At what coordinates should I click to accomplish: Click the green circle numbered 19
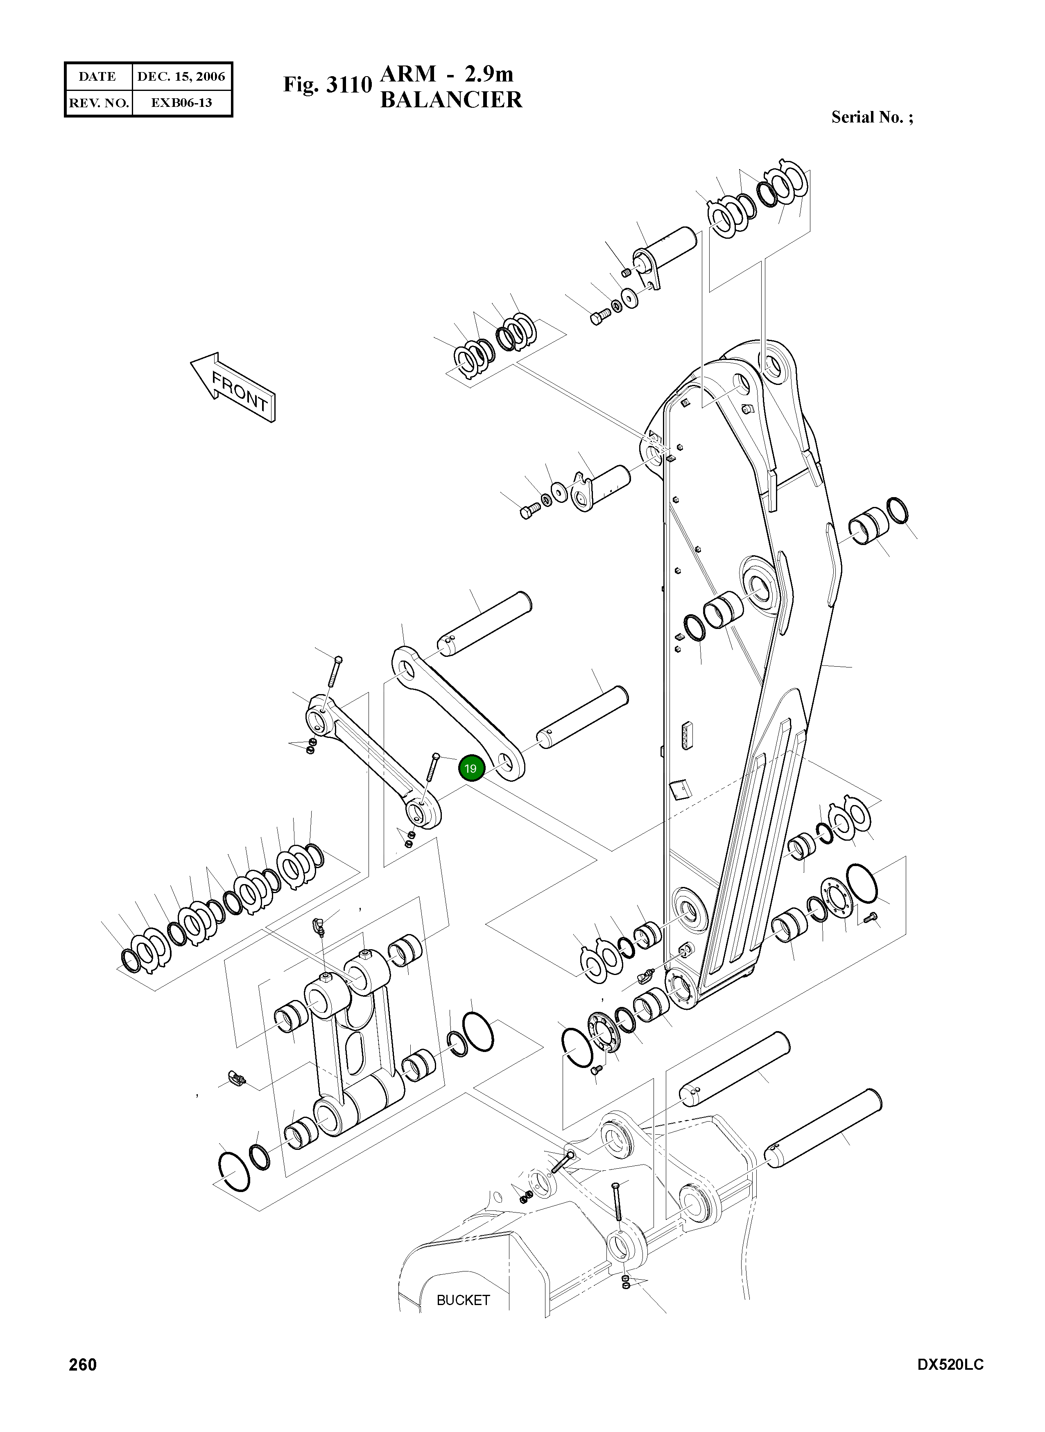(470, 769)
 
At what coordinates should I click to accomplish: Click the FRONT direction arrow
(233, 387)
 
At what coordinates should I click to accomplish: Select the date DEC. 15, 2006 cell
(181, 77)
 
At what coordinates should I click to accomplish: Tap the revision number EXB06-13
(181, 102)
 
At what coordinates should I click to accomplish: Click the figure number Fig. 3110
(326, 85)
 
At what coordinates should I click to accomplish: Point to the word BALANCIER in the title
(450, 100)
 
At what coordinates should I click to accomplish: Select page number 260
(82, 1383)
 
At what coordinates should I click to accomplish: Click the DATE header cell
(97, 77)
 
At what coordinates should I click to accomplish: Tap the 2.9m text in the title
(489, 74)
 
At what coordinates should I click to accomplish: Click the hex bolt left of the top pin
(598, 318)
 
